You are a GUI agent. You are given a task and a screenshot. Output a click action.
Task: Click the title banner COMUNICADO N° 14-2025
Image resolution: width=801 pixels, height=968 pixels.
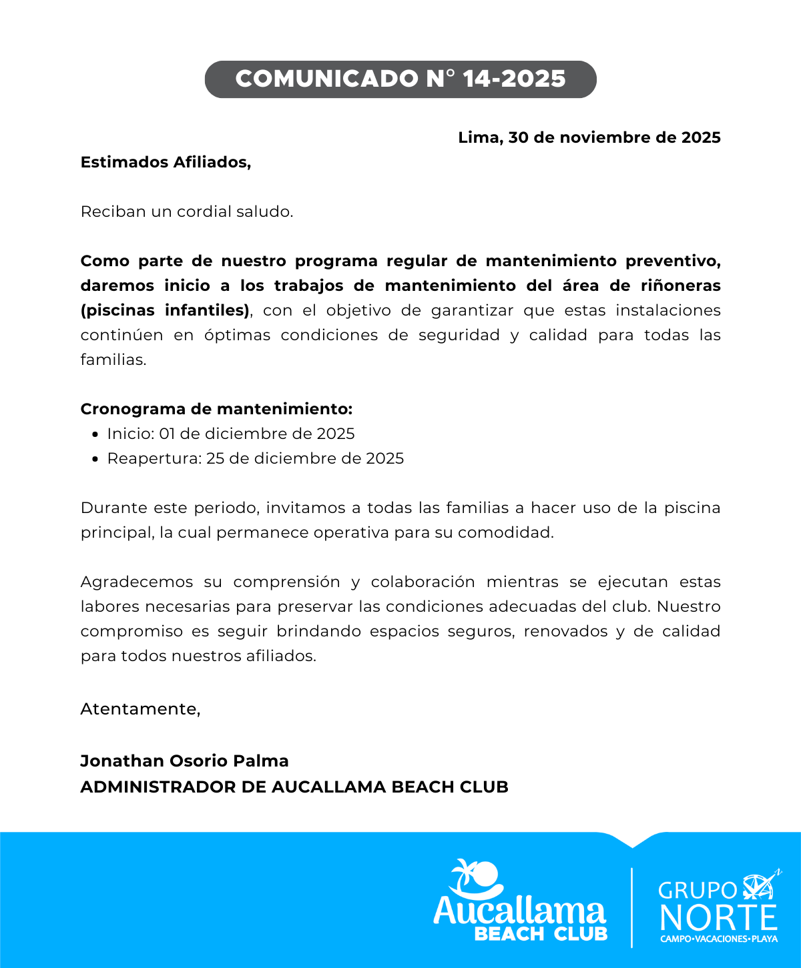pyautogui.click(x=400, y=79)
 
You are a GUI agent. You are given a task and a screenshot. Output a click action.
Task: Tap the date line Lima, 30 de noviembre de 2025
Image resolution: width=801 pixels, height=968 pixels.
pyautogui.click(x=589, y=138)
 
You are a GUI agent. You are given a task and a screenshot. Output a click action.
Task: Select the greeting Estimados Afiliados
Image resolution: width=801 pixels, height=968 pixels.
pyautogui.click(x=166, y=162)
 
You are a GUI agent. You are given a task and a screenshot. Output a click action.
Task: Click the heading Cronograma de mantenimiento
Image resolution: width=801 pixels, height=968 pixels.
pyautogui.click(x=216, y=409)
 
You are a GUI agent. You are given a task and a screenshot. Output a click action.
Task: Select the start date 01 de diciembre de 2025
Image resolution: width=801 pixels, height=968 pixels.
pyautogui.click(x=257, y=434)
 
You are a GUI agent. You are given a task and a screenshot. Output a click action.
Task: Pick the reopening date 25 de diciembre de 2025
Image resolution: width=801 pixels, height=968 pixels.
pyautogui.click(x=305, y=458)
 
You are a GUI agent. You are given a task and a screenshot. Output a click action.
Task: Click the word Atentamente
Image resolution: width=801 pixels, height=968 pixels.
pyautogui.click(x=140, y=708)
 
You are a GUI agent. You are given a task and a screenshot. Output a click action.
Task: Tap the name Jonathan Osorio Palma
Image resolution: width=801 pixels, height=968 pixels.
pyautogui.click(x=184, y=761)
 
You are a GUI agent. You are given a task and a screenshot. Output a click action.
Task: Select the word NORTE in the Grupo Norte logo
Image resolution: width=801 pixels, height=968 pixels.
pyautogui.click(x=718, y=917)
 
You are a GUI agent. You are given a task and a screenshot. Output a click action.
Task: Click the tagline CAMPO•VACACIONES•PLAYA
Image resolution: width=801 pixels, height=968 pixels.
pyautogui.click(x=719, y=939)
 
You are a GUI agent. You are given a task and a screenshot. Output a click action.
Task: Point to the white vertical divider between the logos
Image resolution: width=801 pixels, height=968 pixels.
pyautogui.click(x=631, y=907)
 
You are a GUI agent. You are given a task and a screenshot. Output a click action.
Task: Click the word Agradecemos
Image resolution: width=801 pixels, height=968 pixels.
pyautogui.click(x=137, y=582)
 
